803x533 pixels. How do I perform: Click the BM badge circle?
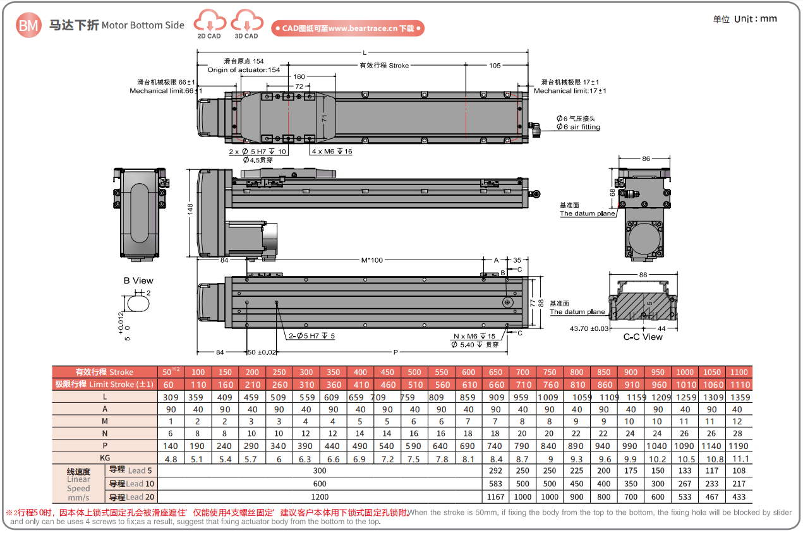[28, 25]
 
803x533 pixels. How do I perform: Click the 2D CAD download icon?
[209, 23]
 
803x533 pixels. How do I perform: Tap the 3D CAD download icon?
[246, 23]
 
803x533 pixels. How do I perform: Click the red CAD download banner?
[347, 28]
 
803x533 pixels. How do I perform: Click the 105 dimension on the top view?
[495, 66]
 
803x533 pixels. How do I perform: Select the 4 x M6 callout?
[332, 152]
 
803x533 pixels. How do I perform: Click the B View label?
[138, 280]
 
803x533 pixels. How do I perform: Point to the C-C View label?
[643, 337]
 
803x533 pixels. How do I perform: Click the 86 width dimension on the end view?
[646, 159]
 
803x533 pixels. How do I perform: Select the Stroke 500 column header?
[414, 372]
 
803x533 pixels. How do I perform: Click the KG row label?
[105, 457]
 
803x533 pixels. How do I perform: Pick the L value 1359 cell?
[740, 397]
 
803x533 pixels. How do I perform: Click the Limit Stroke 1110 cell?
[740, 385]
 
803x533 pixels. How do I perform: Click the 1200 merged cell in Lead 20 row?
[320, 497]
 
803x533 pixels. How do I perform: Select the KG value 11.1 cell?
[740, 458]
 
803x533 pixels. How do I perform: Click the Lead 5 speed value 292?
[496, 470]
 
